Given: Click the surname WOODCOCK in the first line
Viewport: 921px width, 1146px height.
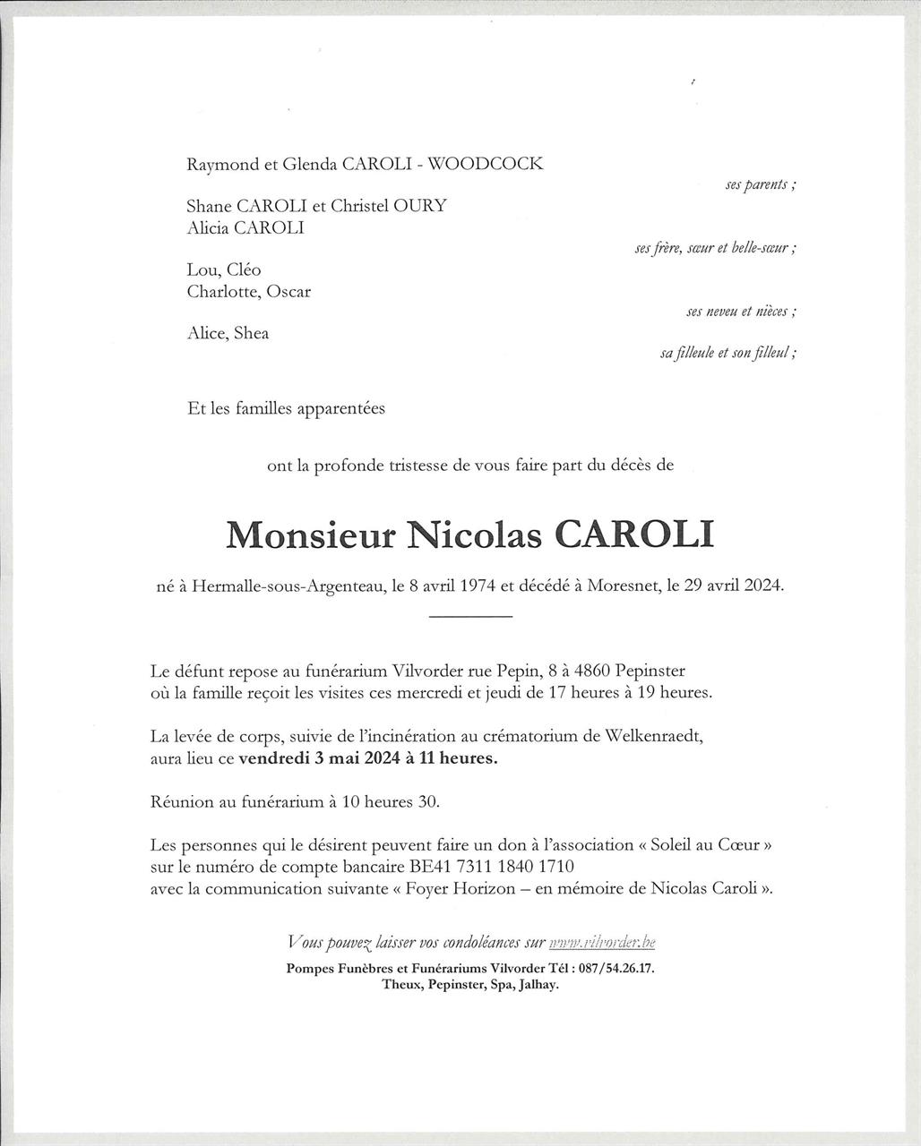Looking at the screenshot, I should [486, 164].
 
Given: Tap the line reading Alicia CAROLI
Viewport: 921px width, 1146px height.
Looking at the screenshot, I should [245, 228].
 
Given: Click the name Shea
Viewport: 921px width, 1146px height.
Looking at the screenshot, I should [251, 334].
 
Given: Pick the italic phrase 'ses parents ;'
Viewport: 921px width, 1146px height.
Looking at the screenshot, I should [760, 184].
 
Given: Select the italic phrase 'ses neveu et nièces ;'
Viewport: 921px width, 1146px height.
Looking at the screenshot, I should [741, 312].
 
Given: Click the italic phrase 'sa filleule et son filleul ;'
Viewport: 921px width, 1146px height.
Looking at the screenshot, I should [727, 353].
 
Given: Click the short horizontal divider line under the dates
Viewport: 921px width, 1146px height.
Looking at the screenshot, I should [470, 617].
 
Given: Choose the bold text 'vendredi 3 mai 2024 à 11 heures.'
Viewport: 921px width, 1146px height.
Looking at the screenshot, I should [368, 758].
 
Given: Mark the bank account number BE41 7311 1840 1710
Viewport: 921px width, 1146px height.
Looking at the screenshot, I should [491, 867].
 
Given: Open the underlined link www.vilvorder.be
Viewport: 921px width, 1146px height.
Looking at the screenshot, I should [602, 942].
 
